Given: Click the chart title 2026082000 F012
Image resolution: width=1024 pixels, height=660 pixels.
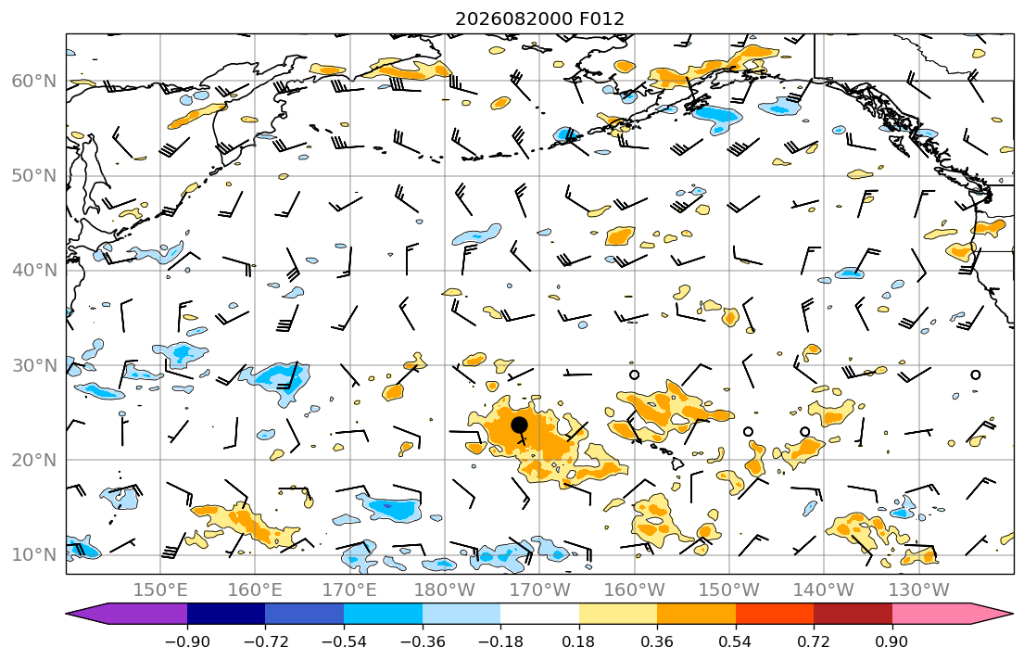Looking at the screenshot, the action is (x=539, y=19).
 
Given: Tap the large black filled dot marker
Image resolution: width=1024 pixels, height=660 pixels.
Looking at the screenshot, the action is (x=519, y=425).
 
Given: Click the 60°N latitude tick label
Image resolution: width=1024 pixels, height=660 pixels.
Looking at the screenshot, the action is (x=34, y=81).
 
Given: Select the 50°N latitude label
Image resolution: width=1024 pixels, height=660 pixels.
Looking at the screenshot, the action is (x=34, y=176).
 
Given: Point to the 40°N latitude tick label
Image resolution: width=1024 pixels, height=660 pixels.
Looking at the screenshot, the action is (x=34, y=271).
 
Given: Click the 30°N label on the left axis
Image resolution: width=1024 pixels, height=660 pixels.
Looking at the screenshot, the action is (x=34, y=365).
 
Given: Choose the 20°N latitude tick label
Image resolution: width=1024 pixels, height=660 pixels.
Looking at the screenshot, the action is (x=34, y=460).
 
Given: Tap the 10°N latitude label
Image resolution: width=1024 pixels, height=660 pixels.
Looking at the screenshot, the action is (x=34, y=555).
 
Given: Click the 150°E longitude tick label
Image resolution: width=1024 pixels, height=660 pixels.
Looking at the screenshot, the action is (x=160, y=590).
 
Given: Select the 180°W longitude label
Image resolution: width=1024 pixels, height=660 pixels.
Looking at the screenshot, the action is (x=445, y=590).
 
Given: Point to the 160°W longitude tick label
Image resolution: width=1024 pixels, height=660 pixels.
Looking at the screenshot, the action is (x=634, y=590).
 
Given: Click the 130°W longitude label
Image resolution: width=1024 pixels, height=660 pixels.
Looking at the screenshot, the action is (x=918, y=590).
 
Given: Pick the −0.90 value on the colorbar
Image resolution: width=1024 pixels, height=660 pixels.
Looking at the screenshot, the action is (x=187, y=641).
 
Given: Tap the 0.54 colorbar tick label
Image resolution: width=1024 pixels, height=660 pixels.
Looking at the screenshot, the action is (x=736, y=641).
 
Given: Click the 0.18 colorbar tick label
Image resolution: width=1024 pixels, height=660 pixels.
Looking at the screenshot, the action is (x=578, y=641).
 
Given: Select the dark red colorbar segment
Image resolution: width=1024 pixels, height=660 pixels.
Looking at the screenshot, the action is (x=853, y=614).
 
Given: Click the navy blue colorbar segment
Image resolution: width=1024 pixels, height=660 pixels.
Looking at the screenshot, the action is (x=226, y=614).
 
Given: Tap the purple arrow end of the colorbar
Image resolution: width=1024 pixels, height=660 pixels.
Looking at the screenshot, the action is (x=127, y=614).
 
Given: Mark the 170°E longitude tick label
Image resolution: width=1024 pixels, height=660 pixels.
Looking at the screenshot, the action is (x=350, y=590).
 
